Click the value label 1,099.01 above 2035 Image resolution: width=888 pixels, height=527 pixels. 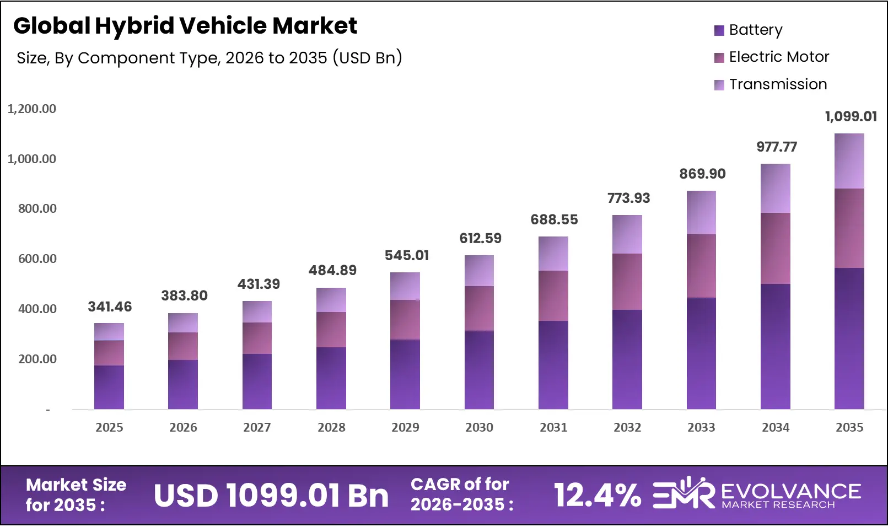point(851,116)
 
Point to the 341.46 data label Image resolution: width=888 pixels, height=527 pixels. point(110,306)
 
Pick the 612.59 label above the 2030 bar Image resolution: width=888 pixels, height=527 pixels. point(480,238)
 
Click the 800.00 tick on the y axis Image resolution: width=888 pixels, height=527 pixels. point(37,208)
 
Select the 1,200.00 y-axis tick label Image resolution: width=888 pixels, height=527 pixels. point(32,109)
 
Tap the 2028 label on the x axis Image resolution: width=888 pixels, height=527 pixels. point(331,427)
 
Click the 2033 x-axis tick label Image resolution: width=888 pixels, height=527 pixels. point(701,427)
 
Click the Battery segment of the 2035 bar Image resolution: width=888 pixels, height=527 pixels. point(849,338)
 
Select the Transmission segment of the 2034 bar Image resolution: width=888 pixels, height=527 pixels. point(775,188)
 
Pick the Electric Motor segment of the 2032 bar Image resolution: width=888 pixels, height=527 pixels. point(627,282)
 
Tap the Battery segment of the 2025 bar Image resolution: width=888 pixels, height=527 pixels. point(109,387)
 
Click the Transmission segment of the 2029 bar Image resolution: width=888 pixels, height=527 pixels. point(405,286)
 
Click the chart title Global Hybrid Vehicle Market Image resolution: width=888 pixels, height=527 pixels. point(185,25)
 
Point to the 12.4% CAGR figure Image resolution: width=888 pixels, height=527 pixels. point(597,495)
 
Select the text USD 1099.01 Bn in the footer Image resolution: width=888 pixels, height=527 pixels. point(271,495)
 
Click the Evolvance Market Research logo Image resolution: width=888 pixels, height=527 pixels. point(756,493)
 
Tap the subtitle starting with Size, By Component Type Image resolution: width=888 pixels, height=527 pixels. point(209,57)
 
